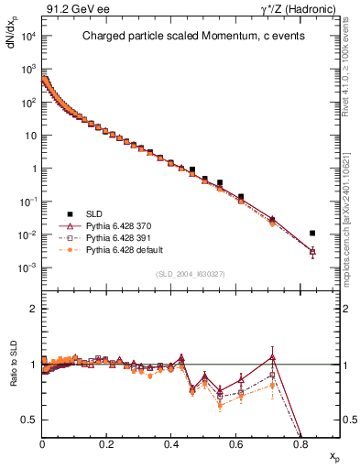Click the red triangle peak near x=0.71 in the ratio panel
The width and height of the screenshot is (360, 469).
coord(272,356)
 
